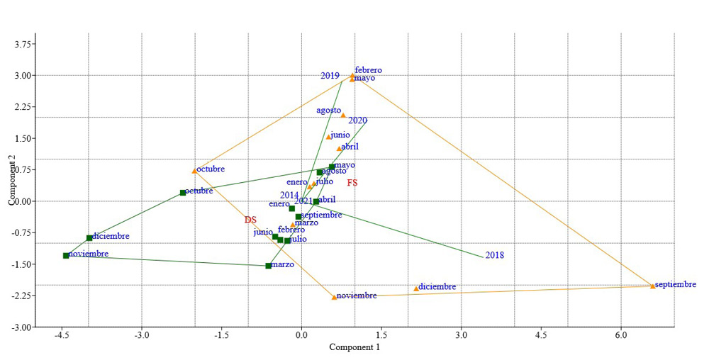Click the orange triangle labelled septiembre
[652, 286]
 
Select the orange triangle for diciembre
[416, 288]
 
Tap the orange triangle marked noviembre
[334, 297]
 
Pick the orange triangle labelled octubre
[194, 171]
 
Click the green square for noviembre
[66, 255]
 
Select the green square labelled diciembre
[89, 237]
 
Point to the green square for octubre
[182, 193]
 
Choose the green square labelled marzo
[268, 266]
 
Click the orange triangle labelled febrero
[352, 74]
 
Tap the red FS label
[352, 183]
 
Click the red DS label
[250, 220]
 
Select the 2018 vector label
[495, 255]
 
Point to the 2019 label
[330, 75]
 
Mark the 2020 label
[357, 120]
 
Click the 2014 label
[289, 195]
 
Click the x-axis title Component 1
[354, 347]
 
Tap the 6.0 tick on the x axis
[620, 335]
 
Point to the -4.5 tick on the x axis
[62, 335]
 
